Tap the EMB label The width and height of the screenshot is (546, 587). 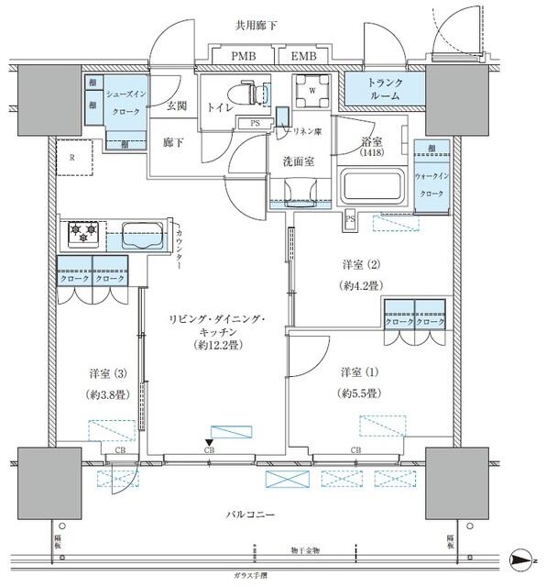pyautogui.click(x=305, y=57)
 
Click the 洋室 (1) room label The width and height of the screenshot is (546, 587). pyautogui.click(x=360, y=372)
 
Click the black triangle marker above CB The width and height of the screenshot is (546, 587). pyautogui.click(x=209, y=443)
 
